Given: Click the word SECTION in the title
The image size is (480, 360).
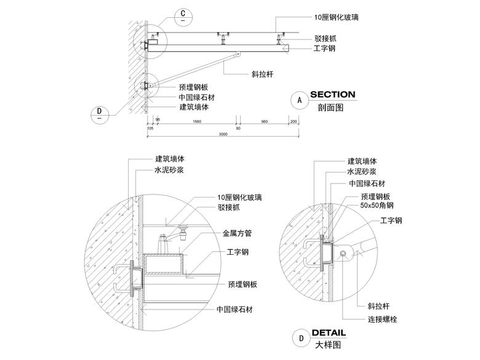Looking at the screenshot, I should (332, 95).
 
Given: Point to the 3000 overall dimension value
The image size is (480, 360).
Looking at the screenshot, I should (223, 134).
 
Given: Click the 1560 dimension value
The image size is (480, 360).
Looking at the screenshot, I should (197, 122).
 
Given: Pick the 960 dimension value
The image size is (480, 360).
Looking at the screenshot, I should (264, 122).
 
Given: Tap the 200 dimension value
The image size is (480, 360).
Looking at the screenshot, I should (293, 122).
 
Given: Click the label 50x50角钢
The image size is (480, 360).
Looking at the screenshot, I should (377, 206).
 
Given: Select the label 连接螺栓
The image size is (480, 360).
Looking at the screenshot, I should (384, 319).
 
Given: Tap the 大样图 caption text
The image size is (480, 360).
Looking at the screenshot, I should (327, 345).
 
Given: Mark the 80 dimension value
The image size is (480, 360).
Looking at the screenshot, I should (238, 122).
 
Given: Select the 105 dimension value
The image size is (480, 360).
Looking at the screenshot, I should (150, 128).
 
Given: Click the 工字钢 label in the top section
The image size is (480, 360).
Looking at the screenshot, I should (324, 48).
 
